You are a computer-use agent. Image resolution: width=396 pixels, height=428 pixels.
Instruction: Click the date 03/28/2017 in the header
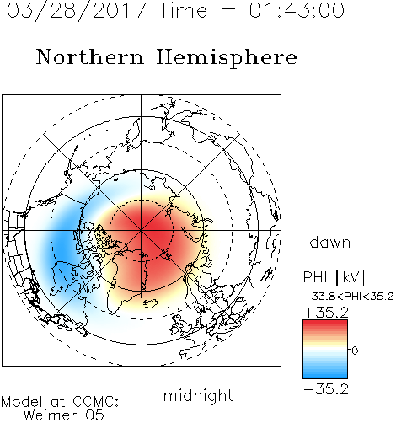(77, 11)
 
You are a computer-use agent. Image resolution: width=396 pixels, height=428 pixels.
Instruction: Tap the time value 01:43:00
(297, 10)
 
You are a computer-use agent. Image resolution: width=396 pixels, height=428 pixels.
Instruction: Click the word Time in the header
(183, 10)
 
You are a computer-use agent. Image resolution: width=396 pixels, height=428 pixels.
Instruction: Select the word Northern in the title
(90, 57)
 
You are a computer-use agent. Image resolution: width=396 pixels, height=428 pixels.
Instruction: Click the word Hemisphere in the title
(227, 58)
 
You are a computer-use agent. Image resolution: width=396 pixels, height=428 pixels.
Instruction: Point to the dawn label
(330, 242)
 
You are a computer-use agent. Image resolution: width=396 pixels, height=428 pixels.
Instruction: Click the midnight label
(198, 396)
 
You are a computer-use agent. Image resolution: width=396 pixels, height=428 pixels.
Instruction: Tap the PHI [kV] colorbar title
(334, 277)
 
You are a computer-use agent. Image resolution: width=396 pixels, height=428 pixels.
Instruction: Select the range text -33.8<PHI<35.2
(349, 297)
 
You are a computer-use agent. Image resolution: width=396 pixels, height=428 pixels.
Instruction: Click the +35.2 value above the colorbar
(326, 313)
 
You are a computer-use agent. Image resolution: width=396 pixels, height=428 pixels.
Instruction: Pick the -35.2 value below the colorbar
(326, 389)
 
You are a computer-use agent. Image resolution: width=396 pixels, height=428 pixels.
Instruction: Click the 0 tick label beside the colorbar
(355, 350)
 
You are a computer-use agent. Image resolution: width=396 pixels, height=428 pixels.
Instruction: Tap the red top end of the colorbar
(325, 323)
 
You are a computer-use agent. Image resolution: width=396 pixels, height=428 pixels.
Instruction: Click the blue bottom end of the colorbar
(325, 375)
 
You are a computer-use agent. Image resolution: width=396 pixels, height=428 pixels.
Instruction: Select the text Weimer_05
(64, 415)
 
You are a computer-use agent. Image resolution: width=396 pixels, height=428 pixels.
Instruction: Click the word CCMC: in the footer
(96, 402)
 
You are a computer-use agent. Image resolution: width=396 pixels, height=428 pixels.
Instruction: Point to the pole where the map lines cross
(142, 230)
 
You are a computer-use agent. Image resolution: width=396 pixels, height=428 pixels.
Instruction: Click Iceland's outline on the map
(151, 303)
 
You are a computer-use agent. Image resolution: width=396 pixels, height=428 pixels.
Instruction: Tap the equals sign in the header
(228, 11)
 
